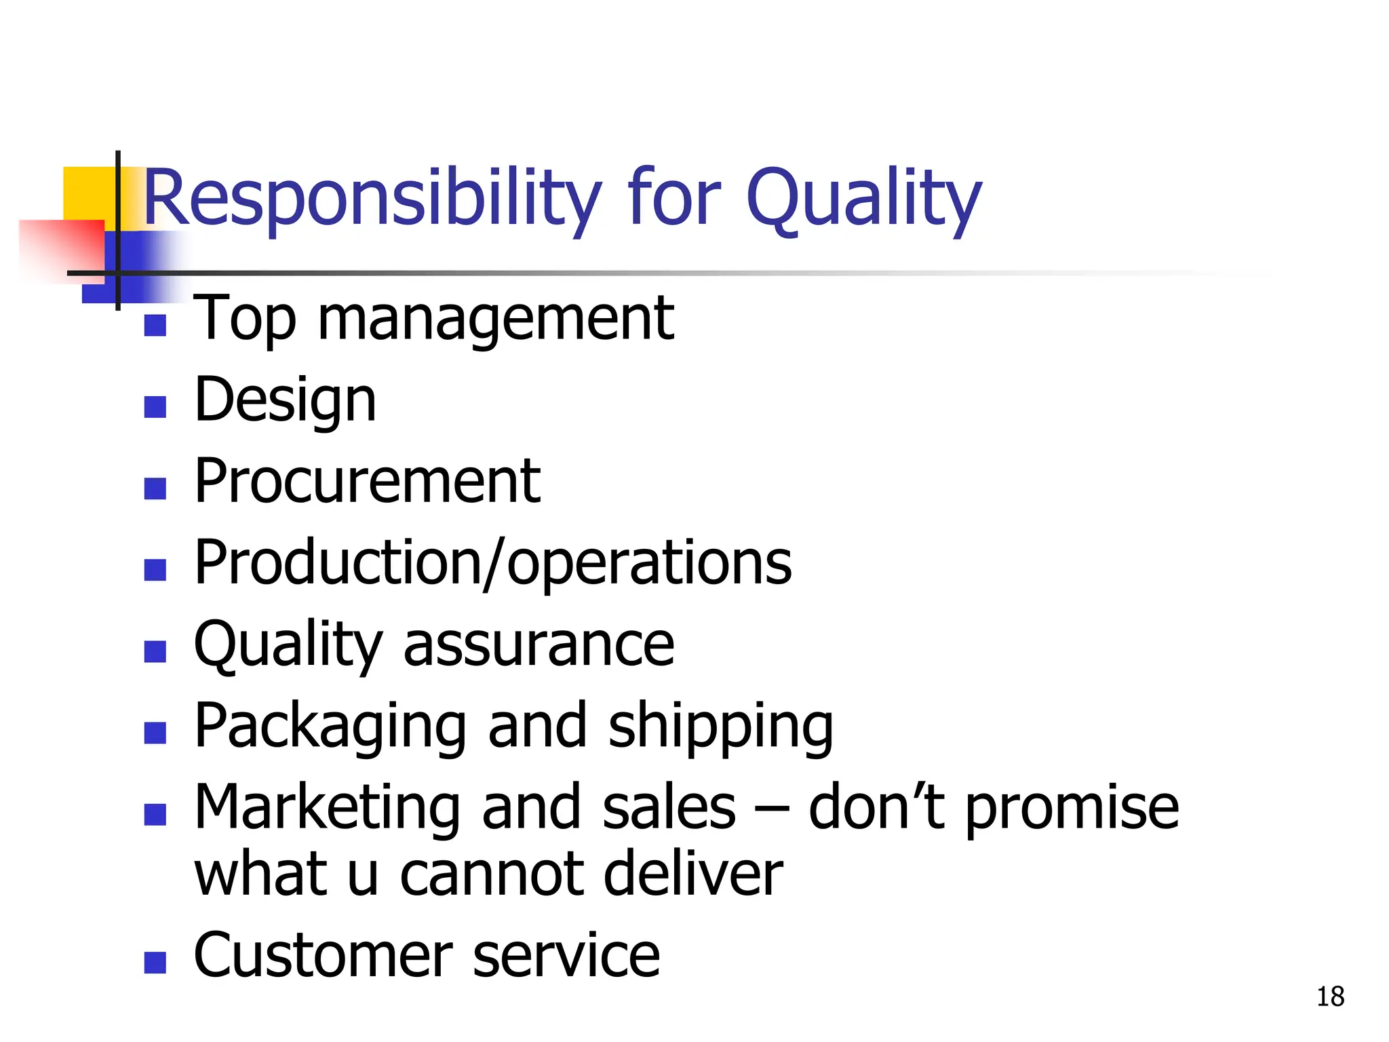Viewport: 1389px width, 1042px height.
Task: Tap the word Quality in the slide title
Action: [x=863, y=198]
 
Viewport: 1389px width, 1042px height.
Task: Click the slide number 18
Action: [x=1330, y=997]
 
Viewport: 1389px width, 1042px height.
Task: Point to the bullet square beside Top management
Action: [x=155, y=325]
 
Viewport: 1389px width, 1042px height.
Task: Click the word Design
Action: [x=285, y=400]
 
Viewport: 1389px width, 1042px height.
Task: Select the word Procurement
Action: [x=367, y=481]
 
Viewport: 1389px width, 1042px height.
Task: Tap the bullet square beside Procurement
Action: [x=155, y=488]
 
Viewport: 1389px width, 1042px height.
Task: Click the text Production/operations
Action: [x=492, y=563]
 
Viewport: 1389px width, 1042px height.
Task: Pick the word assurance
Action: [x=539, y=644]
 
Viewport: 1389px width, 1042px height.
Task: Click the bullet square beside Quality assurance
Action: [x=155, y=651]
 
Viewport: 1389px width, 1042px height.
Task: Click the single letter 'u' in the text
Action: [x=362, y=875]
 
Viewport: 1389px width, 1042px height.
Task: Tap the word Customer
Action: [x=322, y=955]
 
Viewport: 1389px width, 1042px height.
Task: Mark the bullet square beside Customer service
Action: [x=155, y=962]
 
